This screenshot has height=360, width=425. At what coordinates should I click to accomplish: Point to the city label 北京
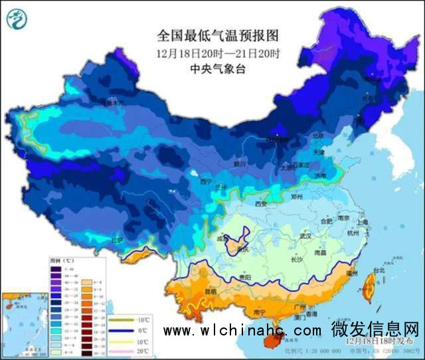(x=319, y=136)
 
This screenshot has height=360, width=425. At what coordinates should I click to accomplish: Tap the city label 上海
(x=362, y=223)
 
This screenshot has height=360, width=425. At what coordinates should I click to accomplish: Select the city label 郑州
(x=297, y=197)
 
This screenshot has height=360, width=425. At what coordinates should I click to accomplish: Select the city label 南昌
(x=321, y=253)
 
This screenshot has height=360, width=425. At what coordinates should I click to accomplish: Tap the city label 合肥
(x=325, y=220)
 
